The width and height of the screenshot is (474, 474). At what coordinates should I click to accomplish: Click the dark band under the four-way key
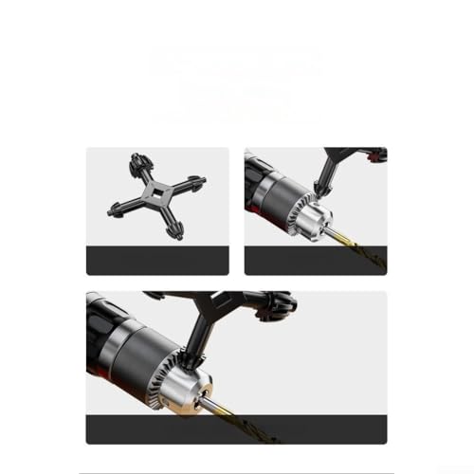tap(156, 261)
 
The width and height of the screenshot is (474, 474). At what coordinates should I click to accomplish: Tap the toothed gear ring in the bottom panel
tap(180, 365)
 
